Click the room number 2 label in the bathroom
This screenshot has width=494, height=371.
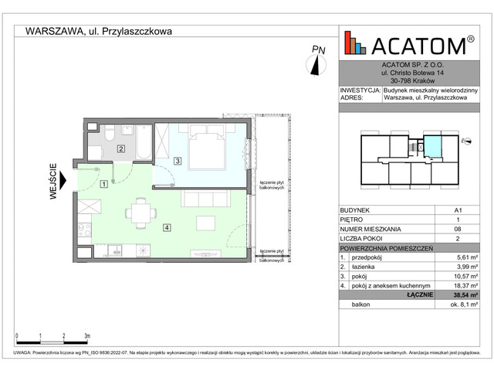pos(121,148)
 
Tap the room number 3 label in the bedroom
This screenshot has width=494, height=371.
pos(177,161)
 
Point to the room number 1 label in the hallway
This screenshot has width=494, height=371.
pos(103,183)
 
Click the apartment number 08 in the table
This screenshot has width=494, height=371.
pos(448,230)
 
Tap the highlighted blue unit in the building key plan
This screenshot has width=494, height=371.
pos(435,145)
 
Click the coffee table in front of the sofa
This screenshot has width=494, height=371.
pos(205,223)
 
